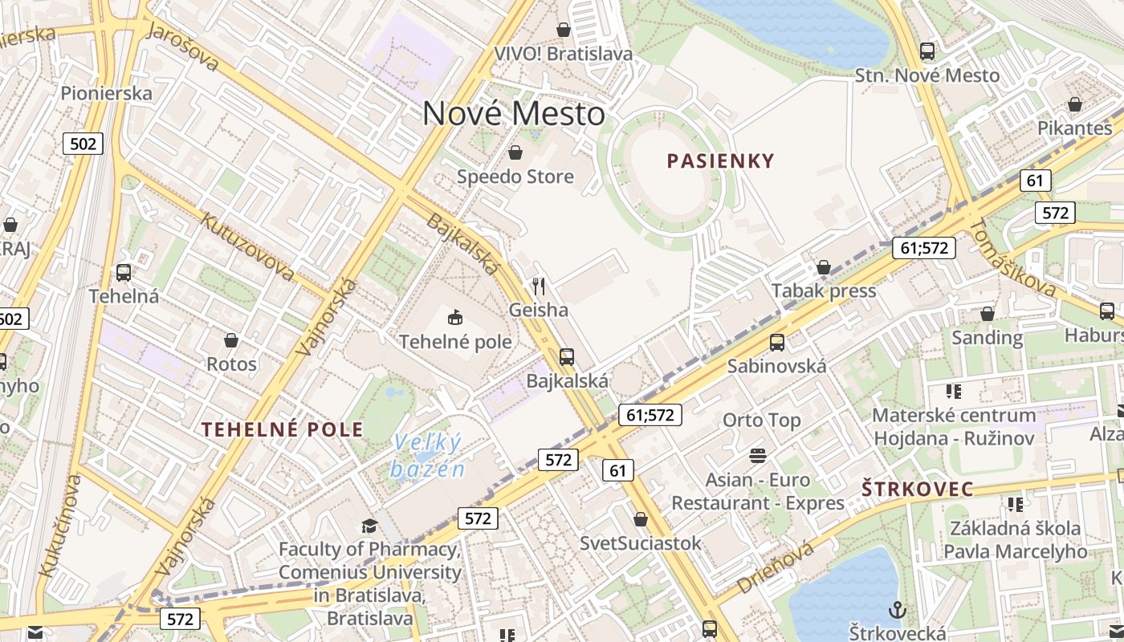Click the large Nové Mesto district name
click(x=514, y=113)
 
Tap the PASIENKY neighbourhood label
click(x=720, y=160)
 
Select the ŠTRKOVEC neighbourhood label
click(x=917, y=489)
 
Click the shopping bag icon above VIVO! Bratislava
click(x=564, y=30)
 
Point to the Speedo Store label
click(x=515, y=177)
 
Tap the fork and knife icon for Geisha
click(x=539, y=286)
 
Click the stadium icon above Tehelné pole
click(x=455, y=317)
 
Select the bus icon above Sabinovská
click(x=776, y=343)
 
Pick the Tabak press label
click(x=824, y=291)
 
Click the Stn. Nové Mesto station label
click(x=927, y=75)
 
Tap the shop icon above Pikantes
click(x=1074, y=104)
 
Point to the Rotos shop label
click(x=231, y=364)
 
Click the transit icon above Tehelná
click(x=124, y=272)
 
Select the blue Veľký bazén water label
click(x=428, y=456)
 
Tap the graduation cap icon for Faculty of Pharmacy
click(x=369, y=526)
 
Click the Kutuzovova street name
click(x=247, y=246)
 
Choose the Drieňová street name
click(x=775, y=567)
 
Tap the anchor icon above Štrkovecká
click(x=897, y=609)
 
